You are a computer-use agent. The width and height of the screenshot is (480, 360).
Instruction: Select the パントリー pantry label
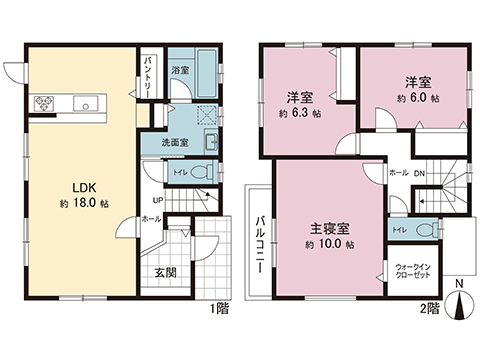[148, 72]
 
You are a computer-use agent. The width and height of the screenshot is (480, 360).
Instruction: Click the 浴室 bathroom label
[180, 71]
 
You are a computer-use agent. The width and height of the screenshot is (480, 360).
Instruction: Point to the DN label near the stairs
[419, 173]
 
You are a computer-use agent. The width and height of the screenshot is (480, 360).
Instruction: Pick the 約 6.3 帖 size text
[297, 113]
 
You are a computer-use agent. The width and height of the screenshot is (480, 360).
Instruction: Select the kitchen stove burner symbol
[45, 101]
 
